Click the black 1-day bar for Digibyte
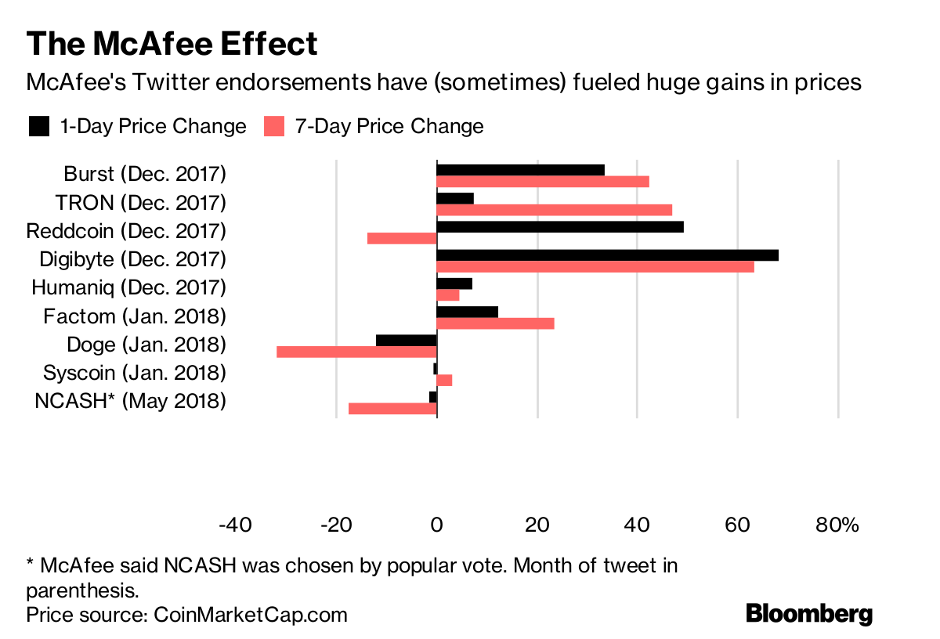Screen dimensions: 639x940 pos(607,255)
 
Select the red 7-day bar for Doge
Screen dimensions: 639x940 pos(356,352)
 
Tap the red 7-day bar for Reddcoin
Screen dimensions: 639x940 pos(402,238)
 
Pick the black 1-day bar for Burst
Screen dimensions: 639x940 pos(520,170)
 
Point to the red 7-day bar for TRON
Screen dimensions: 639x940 pos(554,210)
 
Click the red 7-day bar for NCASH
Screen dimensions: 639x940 pos(392,408)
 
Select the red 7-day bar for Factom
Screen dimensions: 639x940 pos(495,323)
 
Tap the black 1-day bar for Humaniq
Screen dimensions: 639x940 pos(454,283)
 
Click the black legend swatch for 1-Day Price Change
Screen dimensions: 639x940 pos(39,126)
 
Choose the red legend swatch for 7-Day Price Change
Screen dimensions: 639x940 pos(274,126)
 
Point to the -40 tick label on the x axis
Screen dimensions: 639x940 pos(235,525)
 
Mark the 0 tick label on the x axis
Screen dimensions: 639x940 pos(436,525)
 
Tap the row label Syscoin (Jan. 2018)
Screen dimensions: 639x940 pos(135,373)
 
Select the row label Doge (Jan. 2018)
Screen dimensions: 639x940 pos(146,345)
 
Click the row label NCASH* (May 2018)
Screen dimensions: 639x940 pos(131,401)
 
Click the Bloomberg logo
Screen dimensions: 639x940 pos(809,613)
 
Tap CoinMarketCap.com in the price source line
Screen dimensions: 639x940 pos(248,614)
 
